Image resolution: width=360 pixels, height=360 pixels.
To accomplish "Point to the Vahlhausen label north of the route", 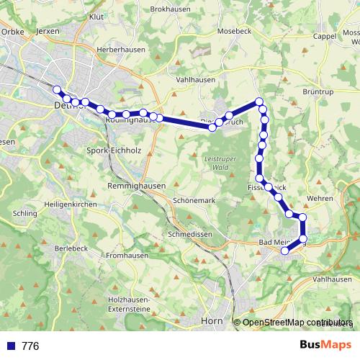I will click(196, 80).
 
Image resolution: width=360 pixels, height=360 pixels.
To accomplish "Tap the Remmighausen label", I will click(136, 186).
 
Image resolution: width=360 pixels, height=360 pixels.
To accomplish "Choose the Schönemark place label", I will click(194, 201).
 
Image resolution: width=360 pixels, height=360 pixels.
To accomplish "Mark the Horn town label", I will click(212, 320).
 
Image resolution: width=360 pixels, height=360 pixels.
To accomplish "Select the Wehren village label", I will click(320, 198).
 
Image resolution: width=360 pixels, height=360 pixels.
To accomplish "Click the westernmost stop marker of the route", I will click(57, 89).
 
